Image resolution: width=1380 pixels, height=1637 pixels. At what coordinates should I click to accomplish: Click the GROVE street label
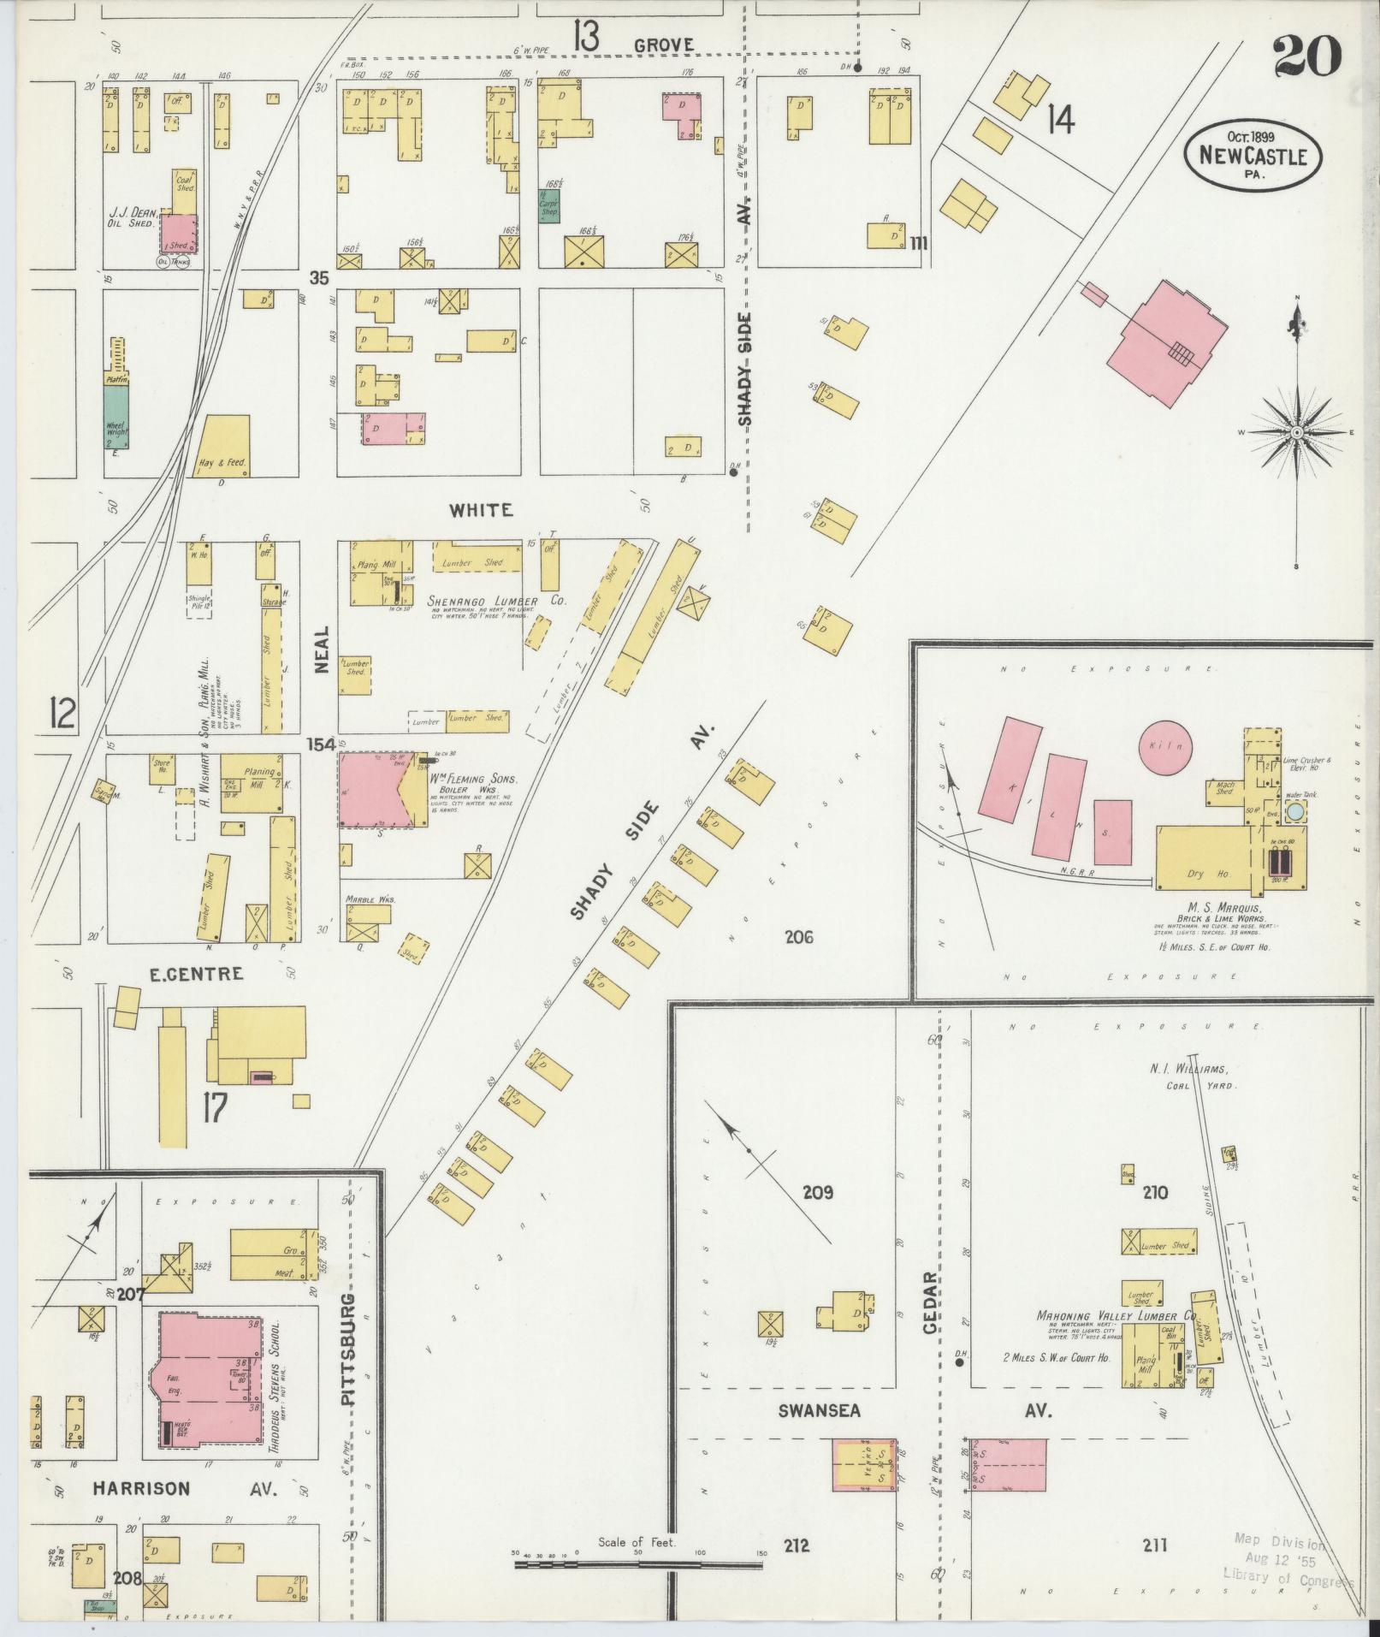[x=664, y=44]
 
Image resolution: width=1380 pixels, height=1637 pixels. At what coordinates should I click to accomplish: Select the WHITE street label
[x=482, y=510]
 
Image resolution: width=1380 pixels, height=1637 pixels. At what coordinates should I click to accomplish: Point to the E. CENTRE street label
[x=197, y=974]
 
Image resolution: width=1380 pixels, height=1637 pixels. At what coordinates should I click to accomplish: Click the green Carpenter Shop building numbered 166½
[x=548, y=206]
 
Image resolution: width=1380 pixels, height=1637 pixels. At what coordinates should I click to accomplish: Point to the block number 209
[x=818, y=1192]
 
